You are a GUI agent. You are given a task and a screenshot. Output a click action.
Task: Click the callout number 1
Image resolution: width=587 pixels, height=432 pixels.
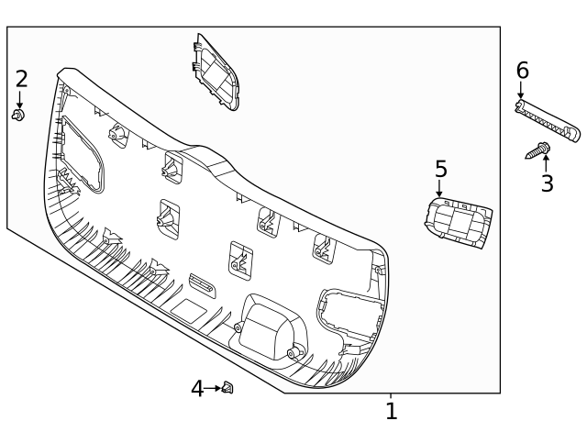click(391, 412)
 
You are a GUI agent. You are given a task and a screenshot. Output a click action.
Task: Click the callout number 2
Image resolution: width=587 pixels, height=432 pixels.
click(21, 79)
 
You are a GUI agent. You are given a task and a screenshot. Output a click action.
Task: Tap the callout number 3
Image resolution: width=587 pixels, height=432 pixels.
click(547, 183)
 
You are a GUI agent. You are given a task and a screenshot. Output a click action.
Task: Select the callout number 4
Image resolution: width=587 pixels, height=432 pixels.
click(197, 389)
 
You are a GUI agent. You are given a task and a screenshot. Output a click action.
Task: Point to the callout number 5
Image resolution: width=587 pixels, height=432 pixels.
click(440, 170)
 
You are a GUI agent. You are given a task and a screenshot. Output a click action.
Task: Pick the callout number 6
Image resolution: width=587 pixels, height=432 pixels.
click(522, 71)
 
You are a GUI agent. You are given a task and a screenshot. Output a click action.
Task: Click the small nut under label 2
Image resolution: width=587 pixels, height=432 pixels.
click(17, 115)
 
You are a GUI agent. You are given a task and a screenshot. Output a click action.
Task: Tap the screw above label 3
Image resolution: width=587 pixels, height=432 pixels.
click(538, 150)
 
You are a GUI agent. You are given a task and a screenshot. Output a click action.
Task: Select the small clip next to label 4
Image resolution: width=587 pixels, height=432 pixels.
click(227, 388)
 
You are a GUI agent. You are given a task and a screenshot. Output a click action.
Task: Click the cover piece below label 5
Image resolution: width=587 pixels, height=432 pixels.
click(458, 224)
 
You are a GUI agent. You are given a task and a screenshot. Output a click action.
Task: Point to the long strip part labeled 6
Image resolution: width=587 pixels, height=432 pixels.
click(548, 122)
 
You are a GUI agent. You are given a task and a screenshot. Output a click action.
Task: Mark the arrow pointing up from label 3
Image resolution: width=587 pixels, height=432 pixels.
click(547, 162)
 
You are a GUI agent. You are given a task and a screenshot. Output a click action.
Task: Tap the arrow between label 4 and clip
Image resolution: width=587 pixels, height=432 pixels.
click(214, 389)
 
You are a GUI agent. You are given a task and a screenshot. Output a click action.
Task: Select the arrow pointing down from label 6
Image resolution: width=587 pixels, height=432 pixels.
click(521, 90)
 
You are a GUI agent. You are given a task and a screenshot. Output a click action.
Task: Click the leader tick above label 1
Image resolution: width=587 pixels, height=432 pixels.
click(391, 397)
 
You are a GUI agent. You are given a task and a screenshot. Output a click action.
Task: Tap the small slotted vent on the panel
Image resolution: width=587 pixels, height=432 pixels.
click(202, 284)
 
